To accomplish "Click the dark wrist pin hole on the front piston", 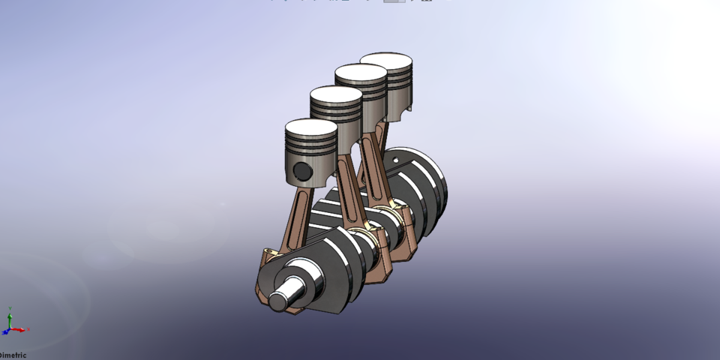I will point(302,171).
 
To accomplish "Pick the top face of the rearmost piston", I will point(386,59).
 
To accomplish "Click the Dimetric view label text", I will point(13,355).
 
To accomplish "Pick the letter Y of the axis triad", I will point(9,308).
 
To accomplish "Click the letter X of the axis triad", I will point(28,330).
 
